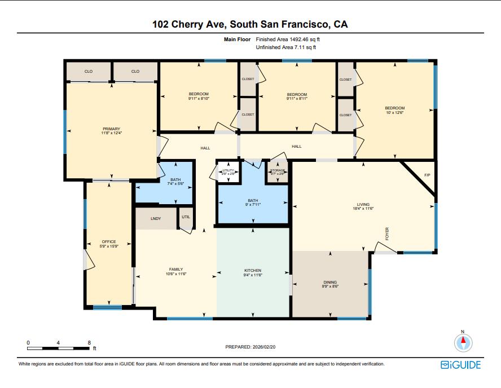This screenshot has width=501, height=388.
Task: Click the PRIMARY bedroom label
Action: pos(111,129)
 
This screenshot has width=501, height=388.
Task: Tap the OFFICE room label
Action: pos(109,242)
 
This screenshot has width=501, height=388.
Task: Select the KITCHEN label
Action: pos(252,270)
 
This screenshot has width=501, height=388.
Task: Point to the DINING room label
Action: pos(330,282)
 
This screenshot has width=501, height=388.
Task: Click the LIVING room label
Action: pos(362,205)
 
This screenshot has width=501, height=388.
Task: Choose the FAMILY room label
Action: pos(176,270)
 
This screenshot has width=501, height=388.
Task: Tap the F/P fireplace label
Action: pos(427,175)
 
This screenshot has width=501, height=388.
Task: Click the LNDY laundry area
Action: pos(156,219)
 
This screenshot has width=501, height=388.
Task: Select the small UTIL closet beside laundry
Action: pos(186,217)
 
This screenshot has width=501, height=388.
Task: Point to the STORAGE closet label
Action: pos(277,170)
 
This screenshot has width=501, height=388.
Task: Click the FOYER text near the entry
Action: pos(387,234)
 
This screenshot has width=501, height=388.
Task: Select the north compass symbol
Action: pos(463,342)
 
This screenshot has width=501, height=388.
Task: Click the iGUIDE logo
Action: pos(460,365)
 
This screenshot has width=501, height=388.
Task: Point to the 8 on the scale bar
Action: pos(89,342)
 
